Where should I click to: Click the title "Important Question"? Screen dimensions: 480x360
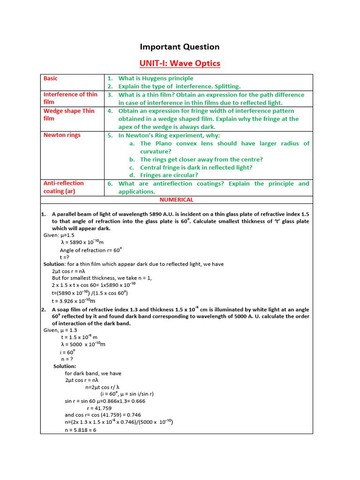(180, 47)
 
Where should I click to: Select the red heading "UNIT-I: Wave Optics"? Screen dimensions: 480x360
(180, 63)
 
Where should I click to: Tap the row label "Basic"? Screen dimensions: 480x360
(51, 78)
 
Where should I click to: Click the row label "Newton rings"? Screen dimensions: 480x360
(62, 135)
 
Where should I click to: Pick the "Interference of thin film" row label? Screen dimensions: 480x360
(70, 98)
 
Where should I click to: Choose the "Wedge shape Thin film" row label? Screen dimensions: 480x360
(69, 115)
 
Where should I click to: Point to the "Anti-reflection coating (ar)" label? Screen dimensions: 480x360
(63, 187)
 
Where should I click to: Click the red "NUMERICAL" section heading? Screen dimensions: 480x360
(176, 200)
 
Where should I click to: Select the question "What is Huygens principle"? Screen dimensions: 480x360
(156, 78)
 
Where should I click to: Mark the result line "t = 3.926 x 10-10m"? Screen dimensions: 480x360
(74, 301)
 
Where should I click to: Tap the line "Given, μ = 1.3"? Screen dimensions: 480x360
(60, 330)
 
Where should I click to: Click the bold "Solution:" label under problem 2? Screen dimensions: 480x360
(65, 366)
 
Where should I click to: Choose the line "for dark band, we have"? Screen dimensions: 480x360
(93, 374)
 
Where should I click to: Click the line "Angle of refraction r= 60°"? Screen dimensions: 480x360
(88, 250)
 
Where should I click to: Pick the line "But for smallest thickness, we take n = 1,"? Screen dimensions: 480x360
(102, 277)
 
